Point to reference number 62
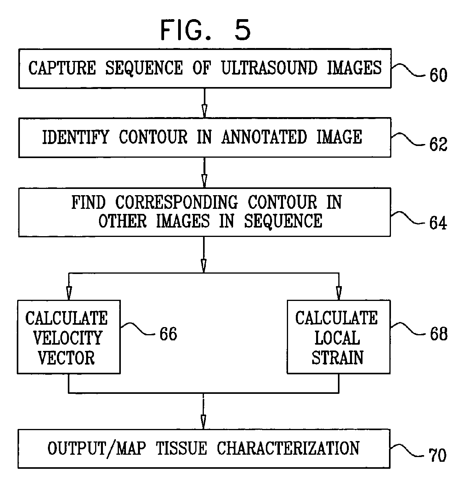coord(438,145)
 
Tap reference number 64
coord(438,223)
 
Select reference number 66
coord(168,334)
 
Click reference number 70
coord(437,456)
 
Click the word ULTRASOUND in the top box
coord(269,68)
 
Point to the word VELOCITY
coord(68,338)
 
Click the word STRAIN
coord(338,358)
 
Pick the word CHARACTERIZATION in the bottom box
coord(288,448)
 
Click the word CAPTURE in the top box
coord(62,68)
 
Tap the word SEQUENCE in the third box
coord(283,221)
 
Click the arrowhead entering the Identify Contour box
coord(203,111)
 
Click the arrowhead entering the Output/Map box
coord(203,421)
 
